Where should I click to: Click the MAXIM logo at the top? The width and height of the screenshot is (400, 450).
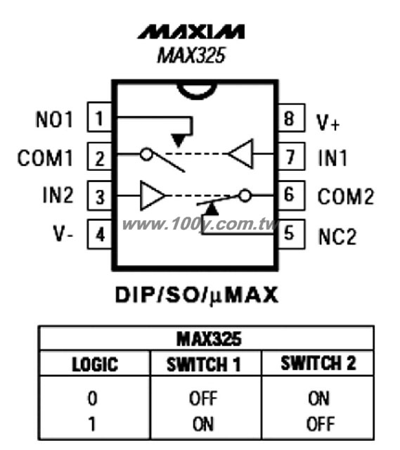(x=191, y=31)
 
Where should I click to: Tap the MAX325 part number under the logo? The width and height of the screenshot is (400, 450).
(x=191, y=55)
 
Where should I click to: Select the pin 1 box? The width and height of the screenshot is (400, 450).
(x=100, y=117)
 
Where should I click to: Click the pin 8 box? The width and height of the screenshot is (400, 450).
(x=291, y=117)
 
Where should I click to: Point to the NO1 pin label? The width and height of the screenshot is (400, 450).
(x=54, y=120)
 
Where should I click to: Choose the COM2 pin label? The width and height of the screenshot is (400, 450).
(x=345, y=196)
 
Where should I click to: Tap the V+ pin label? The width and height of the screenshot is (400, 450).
(x=328, y=122)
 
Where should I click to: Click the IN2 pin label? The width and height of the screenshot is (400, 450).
(x=58, y=195)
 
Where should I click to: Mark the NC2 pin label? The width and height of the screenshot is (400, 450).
(x=337, y=236)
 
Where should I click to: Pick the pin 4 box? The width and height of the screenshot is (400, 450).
(x=100, y=234)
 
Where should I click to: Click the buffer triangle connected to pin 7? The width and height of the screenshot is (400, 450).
(x=241, y=154)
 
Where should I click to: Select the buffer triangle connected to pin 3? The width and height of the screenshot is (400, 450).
(x=153, y=195)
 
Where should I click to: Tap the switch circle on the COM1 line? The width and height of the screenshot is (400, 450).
(x=146, y=154)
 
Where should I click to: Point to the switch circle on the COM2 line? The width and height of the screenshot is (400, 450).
(x=245, y=195)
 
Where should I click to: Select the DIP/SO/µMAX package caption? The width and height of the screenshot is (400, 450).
(x=197, y=295)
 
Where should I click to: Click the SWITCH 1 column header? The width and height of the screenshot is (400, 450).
(x=204, y=364)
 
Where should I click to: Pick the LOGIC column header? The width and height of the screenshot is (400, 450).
(x=95, y=364)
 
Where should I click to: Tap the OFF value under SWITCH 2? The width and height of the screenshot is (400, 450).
(x=321, y=424)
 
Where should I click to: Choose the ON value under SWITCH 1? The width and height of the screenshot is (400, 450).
(x=203, y=424)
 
